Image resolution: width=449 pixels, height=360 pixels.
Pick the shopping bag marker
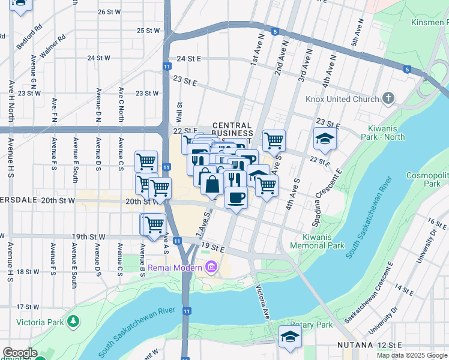tap(212, 182)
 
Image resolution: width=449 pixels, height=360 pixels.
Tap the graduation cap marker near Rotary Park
tap(290, 337)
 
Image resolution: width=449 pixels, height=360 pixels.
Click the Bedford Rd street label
tap(29, 37)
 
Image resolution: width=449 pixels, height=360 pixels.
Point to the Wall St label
tap(179, 110)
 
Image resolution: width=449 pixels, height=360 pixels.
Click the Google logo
tap(20, 353)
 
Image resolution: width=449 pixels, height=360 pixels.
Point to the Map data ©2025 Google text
tap(412, 355)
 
